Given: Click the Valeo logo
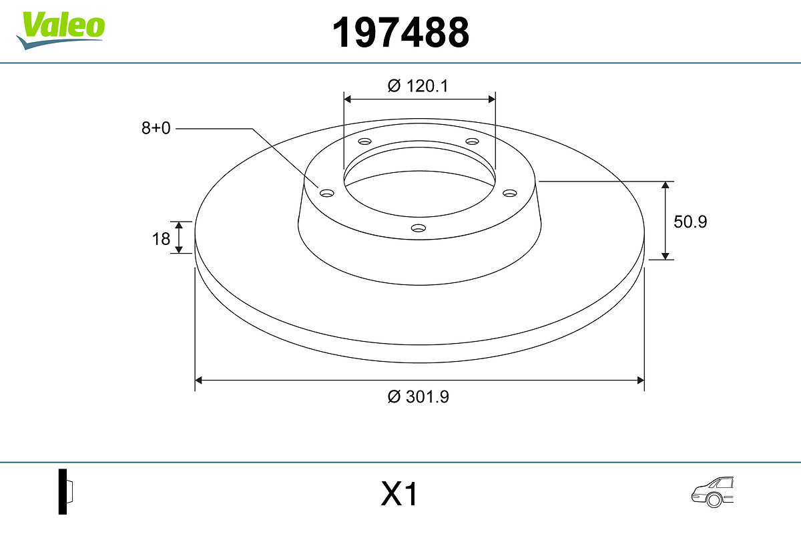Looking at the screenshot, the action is point(61,31).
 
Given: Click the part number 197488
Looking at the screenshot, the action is point(400,33).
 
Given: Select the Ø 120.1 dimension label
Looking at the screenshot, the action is point(418,86).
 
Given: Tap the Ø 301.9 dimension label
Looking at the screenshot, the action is point(418,396).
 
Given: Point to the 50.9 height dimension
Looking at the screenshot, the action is point(690,222).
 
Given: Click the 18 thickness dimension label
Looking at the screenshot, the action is point(161,239).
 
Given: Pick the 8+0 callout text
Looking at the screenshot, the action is point(156,128).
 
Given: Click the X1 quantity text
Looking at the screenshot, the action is point(398,493).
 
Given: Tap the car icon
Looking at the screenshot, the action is point(712,492).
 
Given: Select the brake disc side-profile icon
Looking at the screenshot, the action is point(66,491).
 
